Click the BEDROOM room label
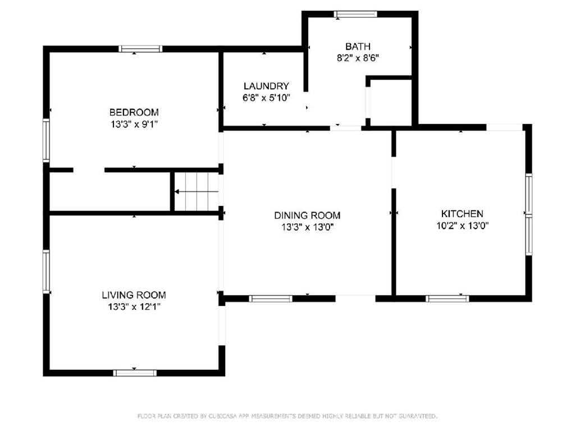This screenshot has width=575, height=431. point(134,112)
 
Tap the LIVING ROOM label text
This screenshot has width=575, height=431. point(134,295)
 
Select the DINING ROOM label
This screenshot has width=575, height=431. point(307,215)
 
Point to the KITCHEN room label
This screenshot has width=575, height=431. point(462,214)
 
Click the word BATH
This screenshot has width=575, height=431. point(358,47)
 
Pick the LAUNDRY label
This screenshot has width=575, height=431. point(266,86)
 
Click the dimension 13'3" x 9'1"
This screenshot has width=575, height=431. point(134,124)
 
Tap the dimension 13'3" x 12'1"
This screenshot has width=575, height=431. point(134,307)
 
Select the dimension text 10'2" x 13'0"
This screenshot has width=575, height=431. point(462,226)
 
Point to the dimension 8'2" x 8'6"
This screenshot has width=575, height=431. point(358,58)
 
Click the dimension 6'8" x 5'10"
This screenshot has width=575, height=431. point(266,98)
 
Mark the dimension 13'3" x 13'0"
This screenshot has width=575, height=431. point(307,227)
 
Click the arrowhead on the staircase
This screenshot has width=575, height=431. point(177,192)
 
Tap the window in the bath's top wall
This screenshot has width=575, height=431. point(355,14)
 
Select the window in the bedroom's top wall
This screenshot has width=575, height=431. point(140,49)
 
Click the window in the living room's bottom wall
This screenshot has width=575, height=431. point(135,373)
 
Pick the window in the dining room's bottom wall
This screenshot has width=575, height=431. point(271,299)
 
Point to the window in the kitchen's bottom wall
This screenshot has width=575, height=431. point(448,299)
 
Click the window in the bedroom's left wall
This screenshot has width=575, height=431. point(46,140)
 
